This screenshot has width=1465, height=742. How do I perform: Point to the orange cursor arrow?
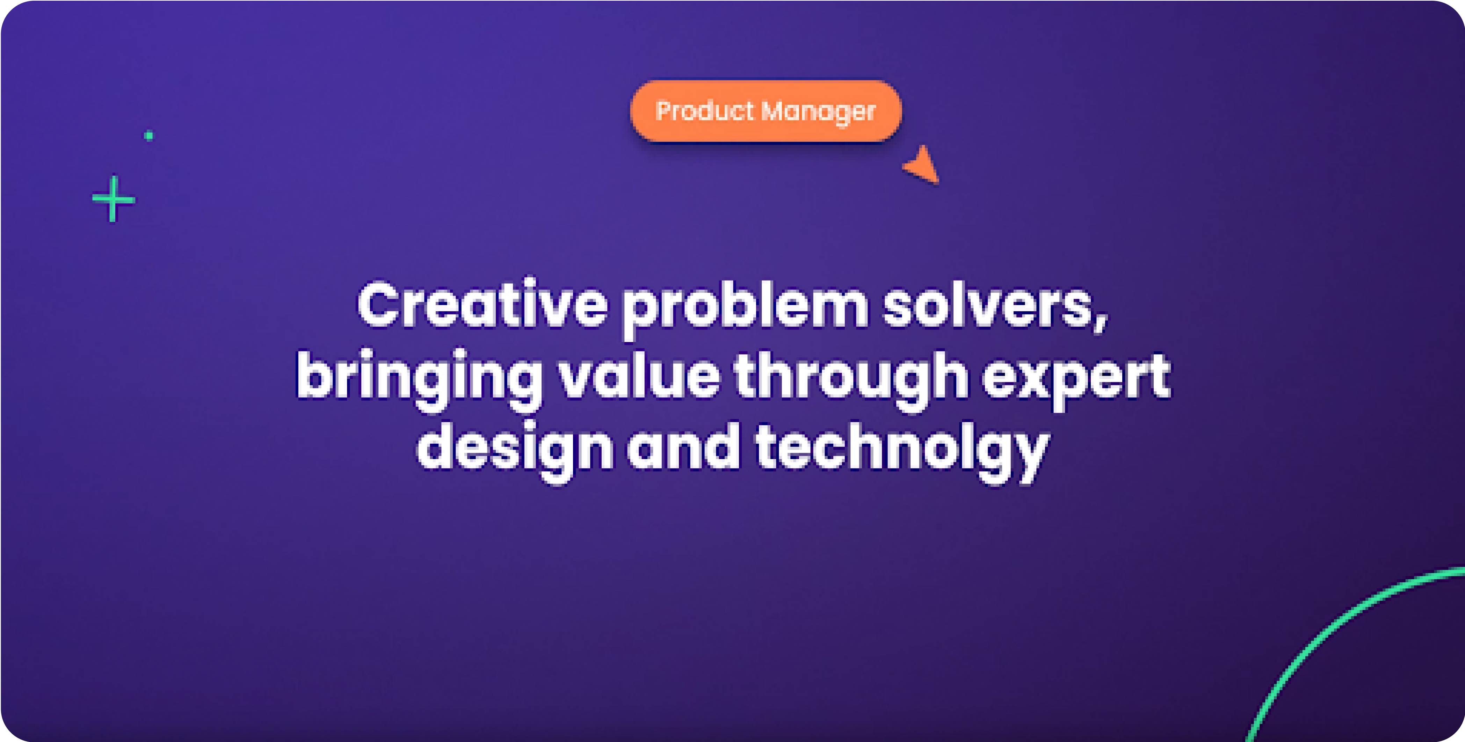[922, 165]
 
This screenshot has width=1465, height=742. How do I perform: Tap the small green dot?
[148, 135]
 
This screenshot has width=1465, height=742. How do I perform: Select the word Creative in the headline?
[483, 304]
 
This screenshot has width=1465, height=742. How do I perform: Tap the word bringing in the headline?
[420, 380]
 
